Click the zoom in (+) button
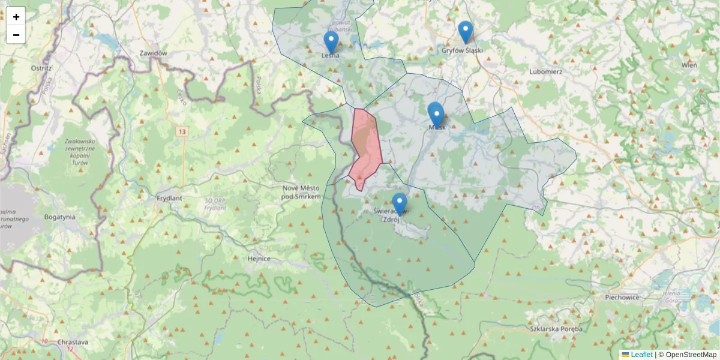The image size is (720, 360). tap(16, 17)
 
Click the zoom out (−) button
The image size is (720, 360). tap(16, 35)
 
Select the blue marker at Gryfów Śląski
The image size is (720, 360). tap(466, 32)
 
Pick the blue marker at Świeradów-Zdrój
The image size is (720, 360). tap(400, 204)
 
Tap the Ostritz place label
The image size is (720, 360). tap(41, 68)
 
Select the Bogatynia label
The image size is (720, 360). tap(59, 217)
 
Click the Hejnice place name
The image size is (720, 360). tap(259, 259)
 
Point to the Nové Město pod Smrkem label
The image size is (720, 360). tap(302, 192)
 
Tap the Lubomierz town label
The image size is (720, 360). tap(545, 71)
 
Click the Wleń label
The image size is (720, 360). tap(689, 65)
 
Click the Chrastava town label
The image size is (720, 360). tap(73, 342)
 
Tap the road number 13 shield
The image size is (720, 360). tap(181, 130)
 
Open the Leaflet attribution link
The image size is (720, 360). tap(641, 355)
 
